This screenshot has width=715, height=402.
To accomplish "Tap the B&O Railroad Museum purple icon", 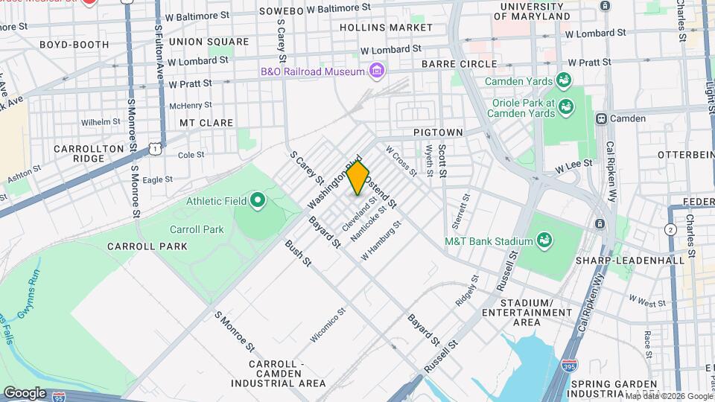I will (x=378, y=71).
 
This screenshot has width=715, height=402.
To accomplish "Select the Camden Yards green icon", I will (x=565, y=80).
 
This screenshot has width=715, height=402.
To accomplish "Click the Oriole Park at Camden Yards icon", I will (x=566, y=108).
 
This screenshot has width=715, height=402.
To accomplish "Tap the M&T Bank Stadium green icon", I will (x=545, y=240).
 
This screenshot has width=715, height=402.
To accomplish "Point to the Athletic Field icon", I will (x=258, y=200).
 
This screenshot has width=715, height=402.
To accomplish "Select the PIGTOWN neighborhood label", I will (x=439, y=133).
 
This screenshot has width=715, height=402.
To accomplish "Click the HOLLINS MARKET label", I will (x=375, y=27).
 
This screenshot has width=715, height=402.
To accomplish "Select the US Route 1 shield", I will (x=155, y=149).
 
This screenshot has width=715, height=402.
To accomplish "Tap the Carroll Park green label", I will (x=197, y=229).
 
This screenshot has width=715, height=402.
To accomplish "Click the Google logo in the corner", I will (x=25, y=392).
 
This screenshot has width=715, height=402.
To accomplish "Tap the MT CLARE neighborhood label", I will (x=206, y=123).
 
